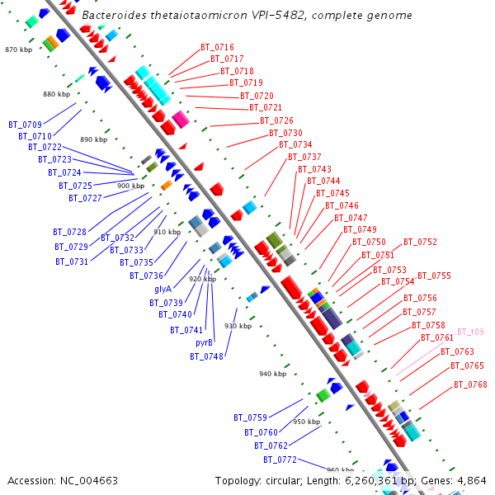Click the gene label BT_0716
point(217,48)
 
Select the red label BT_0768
point(470,385)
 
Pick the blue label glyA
point(163,289)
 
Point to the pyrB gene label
point(204,342)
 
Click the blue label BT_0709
point(25,125)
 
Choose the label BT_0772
point(280,460)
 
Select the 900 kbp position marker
point(130,186)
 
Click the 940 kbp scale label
point(272,374)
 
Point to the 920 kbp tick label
point(202,279)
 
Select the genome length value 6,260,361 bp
point(379,480)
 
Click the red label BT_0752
point(420,243)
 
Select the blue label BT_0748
point(206,356)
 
